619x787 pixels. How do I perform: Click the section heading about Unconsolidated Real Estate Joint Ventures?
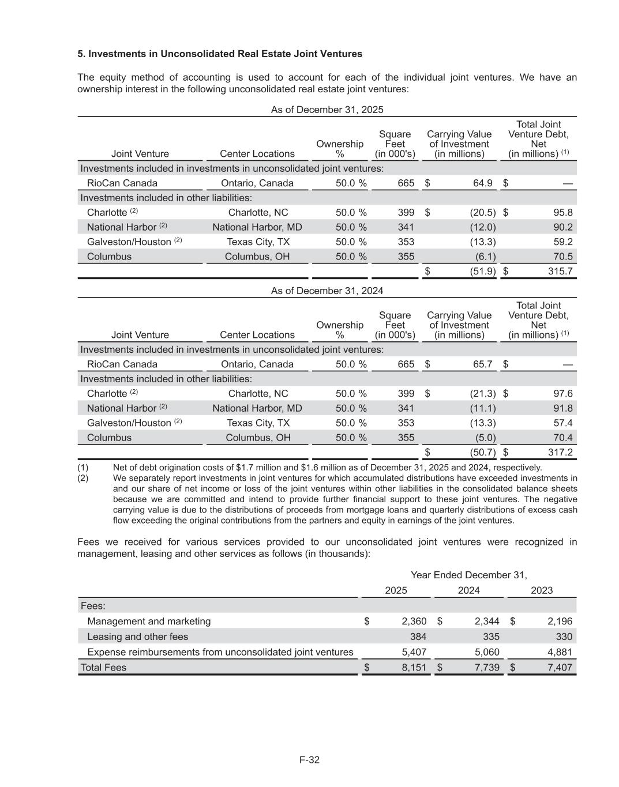coord(220,54)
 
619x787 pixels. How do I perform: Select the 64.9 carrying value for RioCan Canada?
coord(483,183)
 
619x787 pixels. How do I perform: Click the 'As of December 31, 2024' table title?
coord(327,291)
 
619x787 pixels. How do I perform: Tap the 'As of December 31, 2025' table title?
coord(327,110)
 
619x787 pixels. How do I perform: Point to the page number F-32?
coord(309,759)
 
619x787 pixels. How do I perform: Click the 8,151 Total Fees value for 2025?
coord(414,667)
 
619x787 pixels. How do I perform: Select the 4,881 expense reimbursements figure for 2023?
coord(560,652)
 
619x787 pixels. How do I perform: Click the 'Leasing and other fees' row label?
coord(137,637)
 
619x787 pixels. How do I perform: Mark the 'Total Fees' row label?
coord(103,667)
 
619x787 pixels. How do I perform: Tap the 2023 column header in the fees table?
coord(542,590)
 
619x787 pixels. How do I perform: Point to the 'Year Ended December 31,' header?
coord(468,575)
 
